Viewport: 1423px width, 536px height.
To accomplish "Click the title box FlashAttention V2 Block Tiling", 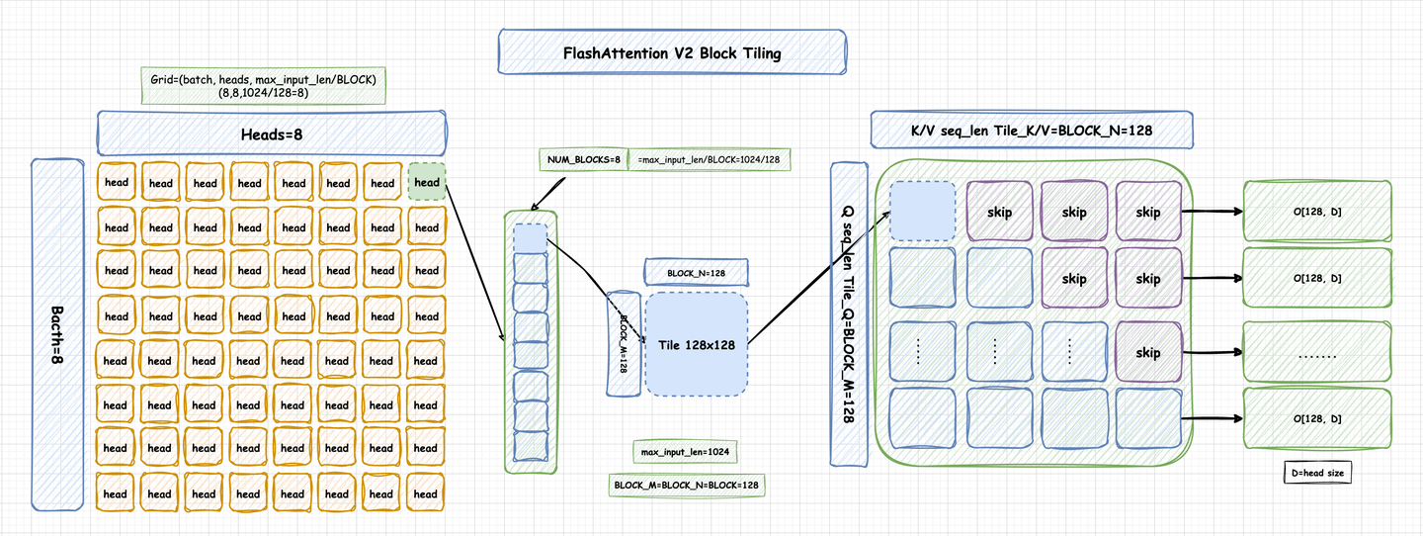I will (x=672, y=52).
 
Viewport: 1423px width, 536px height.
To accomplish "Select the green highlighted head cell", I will (x=427, y=182).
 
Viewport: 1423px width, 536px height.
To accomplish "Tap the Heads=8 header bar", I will (x=271, y=133).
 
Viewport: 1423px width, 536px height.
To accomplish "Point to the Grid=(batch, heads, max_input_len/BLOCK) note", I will (x=263, y=86).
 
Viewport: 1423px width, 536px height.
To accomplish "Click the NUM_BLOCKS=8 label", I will (x=583, y=159).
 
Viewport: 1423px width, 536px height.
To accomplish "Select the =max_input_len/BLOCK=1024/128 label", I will (x=710, y=159).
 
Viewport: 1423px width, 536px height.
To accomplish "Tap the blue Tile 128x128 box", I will (x=696, y=344).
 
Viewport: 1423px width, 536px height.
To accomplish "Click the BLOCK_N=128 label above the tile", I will (x=695, y=271).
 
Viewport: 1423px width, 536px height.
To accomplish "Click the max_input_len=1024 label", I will (x=684, y=452).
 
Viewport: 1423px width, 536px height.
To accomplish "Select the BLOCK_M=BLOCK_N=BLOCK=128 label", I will (x=687, y=486).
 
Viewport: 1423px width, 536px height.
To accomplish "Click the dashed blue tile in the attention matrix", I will (x=921, y=212).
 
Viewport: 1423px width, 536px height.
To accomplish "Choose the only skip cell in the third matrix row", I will (x=1147, y=352).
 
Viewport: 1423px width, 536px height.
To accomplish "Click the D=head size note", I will (x=1315, y=473).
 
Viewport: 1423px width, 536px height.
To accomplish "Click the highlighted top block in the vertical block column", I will (x=530, y=238).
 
